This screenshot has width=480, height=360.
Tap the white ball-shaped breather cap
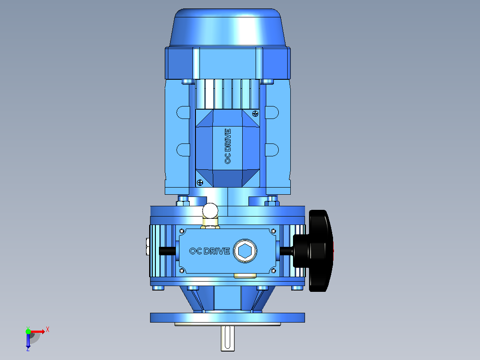pyautogui.click(x=210, y=211)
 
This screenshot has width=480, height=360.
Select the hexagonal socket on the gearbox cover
pyautogui.click(x=245, y=251)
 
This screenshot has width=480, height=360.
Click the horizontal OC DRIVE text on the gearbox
pyautogui.click(x=210, y=251)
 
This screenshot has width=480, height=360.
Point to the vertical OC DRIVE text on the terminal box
pyautogui.click(x=228, y=147)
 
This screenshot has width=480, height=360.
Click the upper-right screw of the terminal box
pyautogui.click(x=255, y=114)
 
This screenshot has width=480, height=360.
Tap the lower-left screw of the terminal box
pyautogui.click(x=200, y=183)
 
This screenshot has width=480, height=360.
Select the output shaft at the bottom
pyautogui.click(x=228, y=338)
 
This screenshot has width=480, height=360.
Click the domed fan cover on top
pyautogui.click(x=228, y=28)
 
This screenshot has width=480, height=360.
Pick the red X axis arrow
pyautogui.click(x=38, y=331)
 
